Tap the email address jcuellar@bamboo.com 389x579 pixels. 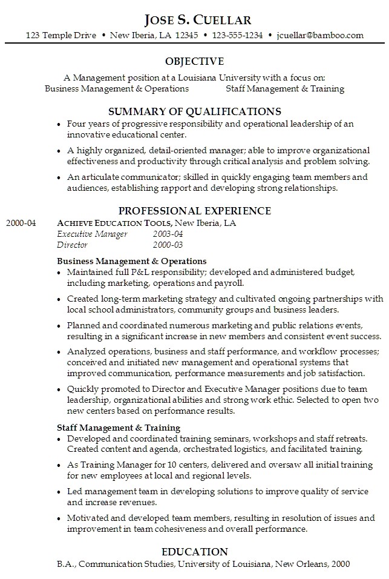pos(320,35)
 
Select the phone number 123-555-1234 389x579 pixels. pos(237,35)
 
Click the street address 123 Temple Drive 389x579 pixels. pos(60,35)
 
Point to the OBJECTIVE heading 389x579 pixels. pos(194,61)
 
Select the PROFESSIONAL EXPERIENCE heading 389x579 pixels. pos(194,210)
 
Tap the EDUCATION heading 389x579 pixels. pos(194,551)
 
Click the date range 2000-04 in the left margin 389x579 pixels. pos(21,223)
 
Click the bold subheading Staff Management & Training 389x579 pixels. pos(119,428)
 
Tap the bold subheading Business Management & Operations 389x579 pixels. pos(132,261)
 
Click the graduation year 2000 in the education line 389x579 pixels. pos(340,564)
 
